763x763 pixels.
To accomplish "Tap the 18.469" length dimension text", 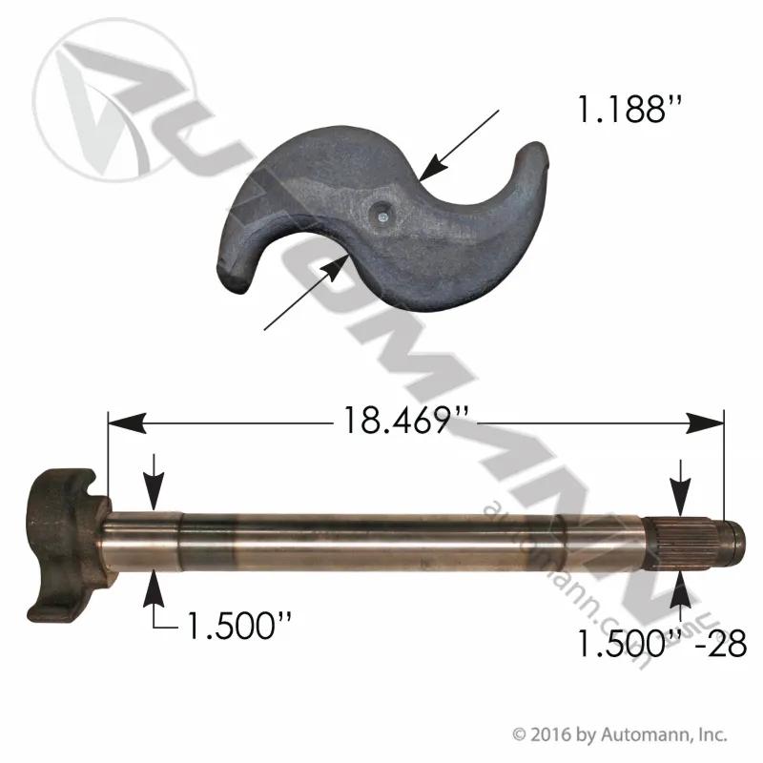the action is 406,420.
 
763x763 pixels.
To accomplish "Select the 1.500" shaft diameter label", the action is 239,626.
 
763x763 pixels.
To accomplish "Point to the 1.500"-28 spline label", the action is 662,643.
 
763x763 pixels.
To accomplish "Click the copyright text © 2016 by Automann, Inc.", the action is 620,734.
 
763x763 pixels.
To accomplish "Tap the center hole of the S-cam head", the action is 381,213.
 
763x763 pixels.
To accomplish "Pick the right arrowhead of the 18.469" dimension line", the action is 705,423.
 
